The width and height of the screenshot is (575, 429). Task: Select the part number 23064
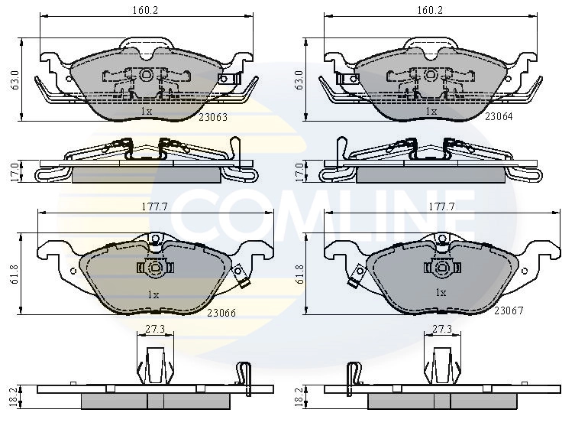tap(500, 118)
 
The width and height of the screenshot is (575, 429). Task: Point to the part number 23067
tap(508, 310)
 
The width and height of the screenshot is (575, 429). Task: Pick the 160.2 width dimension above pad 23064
tap(431, 10)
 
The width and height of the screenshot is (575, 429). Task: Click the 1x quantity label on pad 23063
tap(147, 111)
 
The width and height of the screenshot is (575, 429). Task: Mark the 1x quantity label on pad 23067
tap(440, 293)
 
